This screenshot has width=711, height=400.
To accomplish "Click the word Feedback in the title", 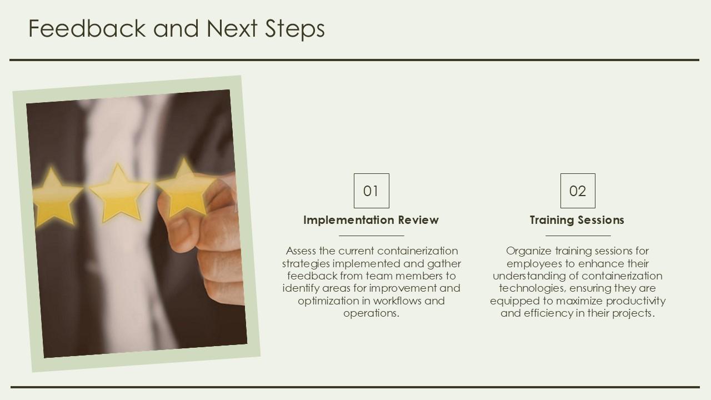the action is [87, 28].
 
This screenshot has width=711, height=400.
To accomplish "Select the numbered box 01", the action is [372, 191].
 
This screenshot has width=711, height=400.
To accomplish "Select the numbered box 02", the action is [578, 191].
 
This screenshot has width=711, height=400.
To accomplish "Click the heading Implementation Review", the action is [371, 220].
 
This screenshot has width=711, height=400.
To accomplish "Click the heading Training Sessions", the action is [577, 221].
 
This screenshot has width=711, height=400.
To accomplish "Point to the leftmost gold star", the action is [56, 197].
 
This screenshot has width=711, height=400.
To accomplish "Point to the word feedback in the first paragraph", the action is [312, 276].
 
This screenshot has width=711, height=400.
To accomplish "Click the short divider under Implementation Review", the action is [372, 236].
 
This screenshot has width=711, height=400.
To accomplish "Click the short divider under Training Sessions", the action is [578, 236].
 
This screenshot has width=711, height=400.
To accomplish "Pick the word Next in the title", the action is [232, 28].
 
